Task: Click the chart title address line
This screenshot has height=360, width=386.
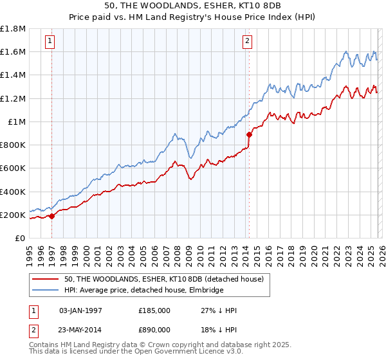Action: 193,5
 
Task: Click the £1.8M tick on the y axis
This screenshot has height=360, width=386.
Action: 13,29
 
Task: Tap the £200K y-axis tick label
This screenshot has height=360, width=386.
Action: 13,215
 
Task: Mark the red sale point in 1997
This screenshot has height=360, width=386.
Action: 52,216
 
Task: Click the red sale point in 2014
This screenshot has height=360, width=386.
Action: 249,134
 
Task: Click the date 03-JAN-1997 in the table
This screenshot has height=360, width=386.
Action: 80,310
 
